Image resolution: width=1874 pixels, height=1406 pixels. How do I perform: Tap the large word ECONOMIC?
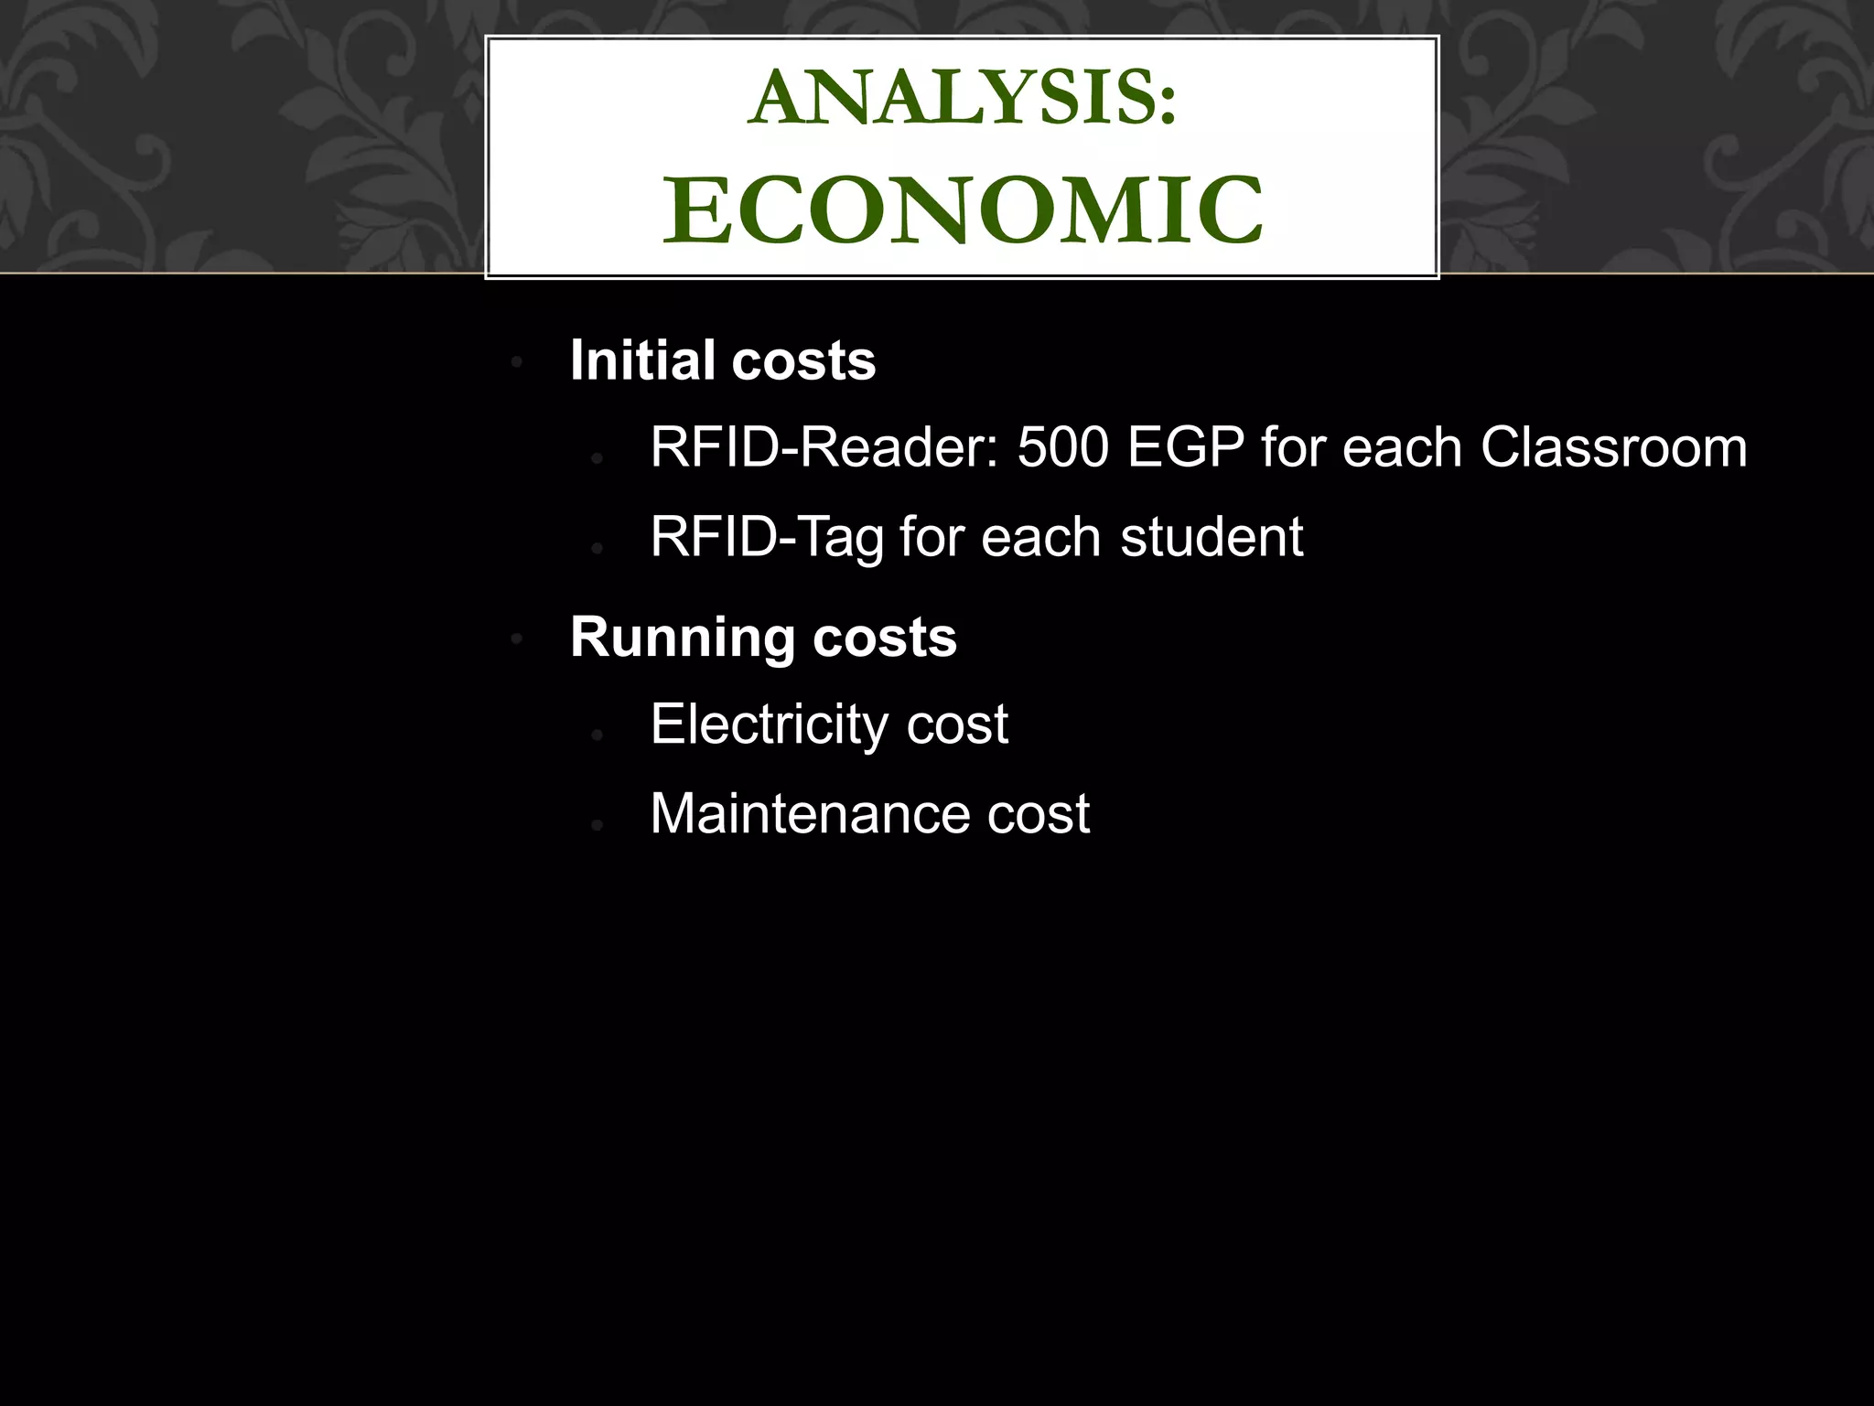pos(963,211)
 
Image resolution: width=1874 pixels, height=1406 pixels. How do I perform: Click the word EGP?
pos(1185,448)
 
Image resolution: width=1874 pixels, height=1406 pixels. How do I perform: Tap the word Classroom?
pos(1613,448)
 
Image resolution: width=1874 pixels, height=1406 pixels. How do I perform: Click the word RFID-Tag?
pos(767,537)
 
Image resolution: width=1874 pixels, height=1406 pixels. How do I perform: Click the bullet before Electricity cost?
pos(597,735)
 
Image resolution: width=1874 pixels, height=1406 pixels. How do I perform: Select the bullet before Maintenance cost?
pos(597,824)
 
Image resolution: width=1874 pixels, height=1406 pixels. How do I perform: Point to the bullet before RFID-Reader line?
pos(597,458)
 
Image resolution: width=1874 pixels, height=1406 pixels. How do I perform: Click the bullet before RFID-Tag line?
pos(597,548)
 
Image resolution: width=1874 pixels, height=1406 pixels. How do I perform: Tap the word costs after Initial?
pos(803,360)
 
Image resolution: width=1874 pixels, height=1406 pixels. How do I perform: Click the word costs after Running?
pos(884,638)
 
